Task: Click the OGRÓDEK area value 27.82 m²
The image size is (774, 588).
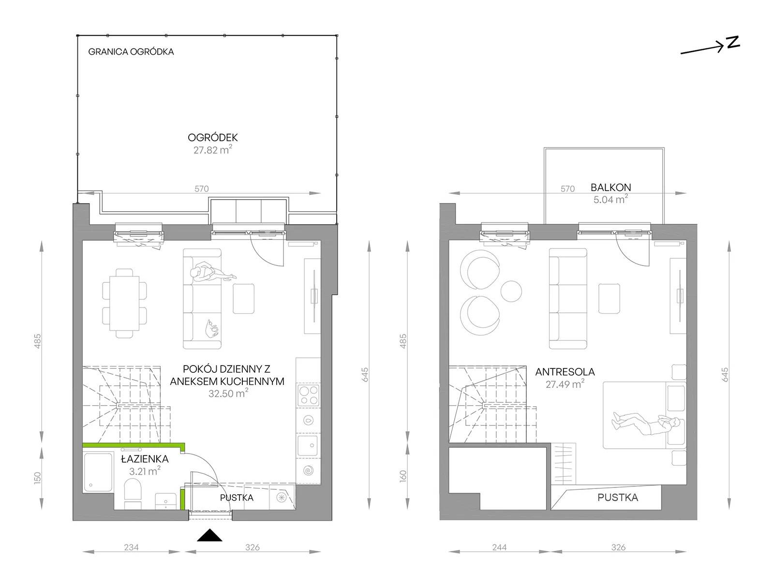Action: tap(213, 150)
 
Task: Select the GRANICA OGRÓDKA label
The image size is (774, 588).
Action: tap(131, 52)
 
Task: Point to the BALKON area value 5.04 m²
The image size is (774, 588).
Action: tap(610, 199)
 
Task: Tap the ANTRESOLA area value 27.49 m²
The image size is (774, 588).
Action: tap(565, 384)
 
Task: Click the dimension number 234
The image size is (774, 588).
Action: tap(131, 547)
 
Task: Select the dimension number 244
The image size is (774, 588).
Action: tap(499, 547)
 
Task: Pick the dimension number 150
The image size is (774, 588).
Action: tap(37, 478)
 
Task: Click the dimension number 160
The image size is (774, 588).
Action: tap(403, 476)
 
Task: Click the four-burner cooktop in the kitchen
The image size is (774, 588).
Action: tap(309, 395)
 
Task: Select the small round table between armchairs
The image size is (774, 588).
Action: tap(511, 291)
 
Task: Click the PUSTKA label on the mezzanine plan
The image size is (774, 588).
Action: tap(618, 498)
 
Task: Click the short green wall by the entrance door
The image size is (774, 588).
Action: tap(182, 499)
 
